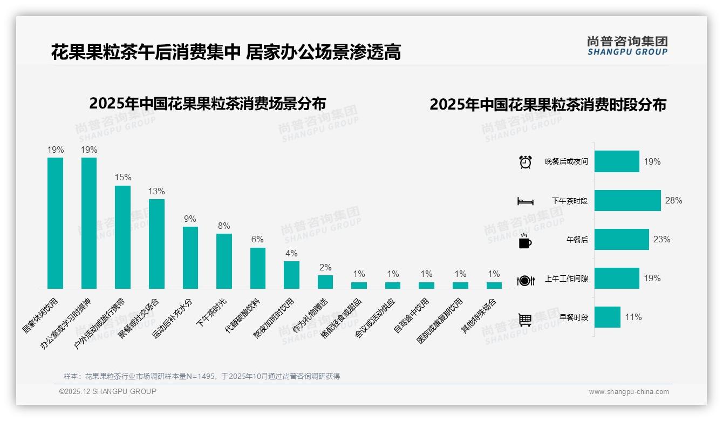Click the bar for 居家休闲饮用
click(x=55, y=223)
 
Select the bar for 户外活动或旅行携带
click(x=122, y=237)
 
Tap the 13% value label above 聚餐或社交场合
click(x=156, y=191)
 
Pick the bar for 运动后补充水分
click(x=190, y=257)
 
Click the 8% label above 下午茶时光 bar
click(x=224, y=226)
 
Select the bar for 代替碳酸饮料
click(x=258, y=268)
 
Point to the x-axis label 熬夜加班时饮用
click(x=274, y=318)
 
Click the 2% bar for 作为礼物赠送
click(x=325, y=282)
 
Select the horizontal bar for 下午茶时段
click(x=627, y=200)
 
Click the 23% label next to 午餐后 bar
click(x=661, y=239)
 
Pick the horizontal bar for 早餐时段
click(x=608, y=317)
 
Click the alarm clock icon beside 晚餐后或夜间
click(x=525, y=162)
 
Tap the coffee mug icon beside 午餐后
click(x=525, y=241)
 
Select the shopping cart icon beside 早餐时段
click(x=525, y=319)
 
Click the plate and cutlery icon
click(x=525, y=280)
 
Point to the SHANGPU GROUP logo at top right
click(x=627, y=46)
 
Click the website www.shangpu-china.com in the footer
click(x=629, y=392)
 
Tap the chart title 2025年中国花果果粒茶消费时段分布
click(x=548, y=104)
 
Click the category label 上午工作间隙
click(x=566, y=279)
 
